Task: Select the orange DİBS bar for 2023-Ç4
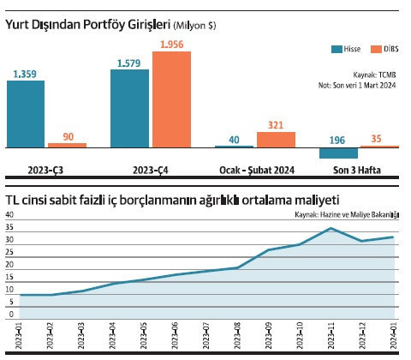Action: coord(171,99)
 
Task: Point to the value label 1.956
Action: coord(171,43)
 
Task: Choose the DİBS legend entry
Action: coord(384,49)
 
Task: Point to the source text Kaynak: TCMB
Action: coord(377,75)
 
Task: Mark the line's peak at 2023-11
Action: coord(331,228)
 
